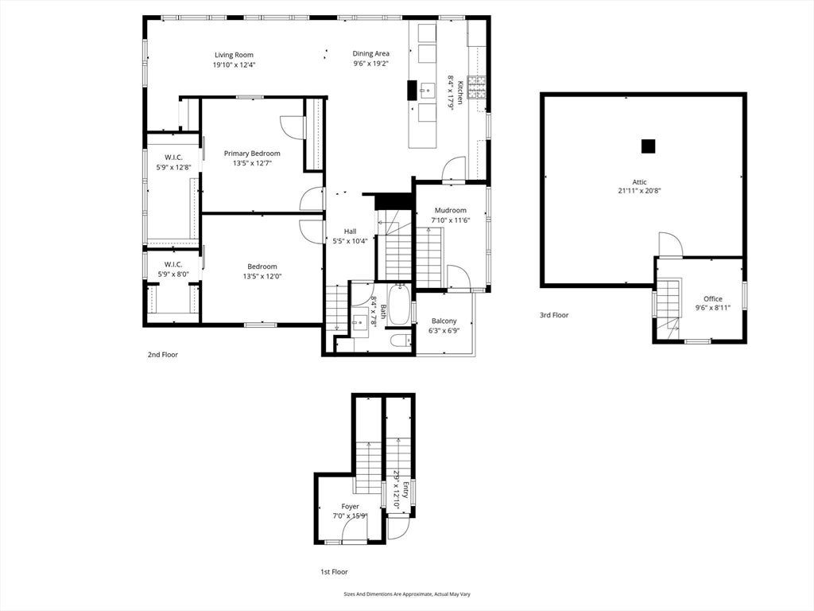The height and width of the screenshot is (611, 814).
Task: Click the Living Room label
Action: point(235,55)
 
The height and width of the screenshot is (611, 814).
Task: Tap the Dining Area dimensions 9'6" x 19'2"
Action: point(370,64)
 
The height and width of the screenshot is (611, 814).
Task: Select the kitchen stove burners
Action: point(477,88)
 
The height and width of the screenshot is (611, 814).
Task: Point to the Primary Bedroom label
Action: point(252,154)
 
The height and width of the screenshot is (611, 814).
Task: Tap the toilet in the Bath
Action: point(401,341)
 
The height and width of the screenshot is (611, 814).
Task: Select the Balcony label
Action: point(444,321)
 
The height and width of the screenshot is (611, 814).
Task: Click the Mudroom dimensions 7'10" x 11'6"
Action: point(451,220)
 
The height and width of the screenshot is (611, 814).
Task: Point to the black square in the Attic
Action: point(648,146)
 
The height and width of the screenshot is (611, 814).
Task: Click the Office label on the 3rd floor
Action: point(713,299)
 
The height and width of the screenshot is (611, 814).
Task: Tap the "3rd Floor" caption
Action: point(554,315)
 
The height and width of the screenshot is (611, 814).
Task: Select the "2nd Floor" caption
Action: point(162,355)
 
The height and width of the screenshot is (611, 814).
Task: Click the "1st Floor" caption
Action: point(334,572)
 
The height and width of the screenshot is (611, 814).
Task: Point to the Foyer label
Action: point(351,507)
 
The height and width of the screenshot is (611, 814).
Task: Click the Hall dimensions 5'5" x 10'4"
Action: point(351,241)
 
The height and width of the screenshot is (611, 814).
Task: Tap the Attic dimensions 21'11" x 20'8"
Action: point(640,191)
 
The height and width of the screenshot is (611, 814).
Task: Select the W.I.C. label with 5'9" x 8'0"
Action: point(173,264)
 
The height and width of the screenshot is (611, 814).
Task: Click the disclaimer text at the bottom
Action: point(407,593)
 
